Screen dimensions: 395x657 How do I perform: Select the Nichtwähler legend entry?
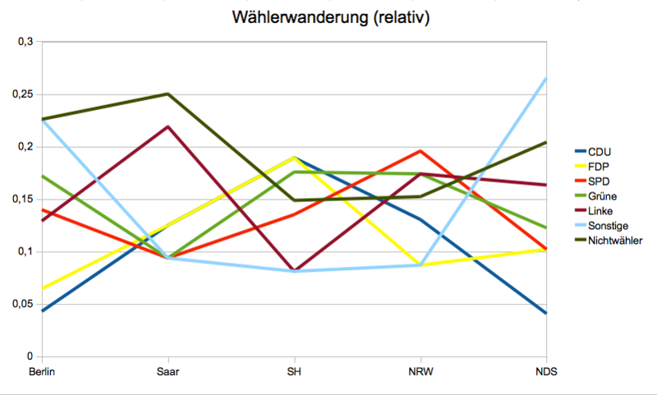(615, 240)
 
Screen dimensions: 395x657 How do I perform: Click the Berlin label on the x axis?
(42, 372)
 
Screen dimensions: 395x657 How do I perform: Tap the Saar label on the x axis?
(168, 372)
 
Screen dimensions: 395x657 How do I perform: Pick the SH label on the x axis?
(293, 372)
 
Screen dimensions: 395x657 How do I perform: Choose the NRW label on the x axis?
(420, 372)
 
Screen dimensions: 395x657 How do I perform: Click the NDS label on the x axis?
(545, 372)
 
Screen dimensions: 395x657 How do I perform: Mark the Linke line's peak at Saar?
(168, 126)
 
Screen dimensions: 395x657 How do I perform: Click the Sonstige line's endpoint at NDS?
(545, 79)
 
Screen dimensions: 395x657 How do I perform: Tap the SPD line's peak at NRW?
(420, 151)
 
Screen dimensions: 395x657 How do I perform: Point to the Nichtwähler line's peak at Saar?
(168, 94)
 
